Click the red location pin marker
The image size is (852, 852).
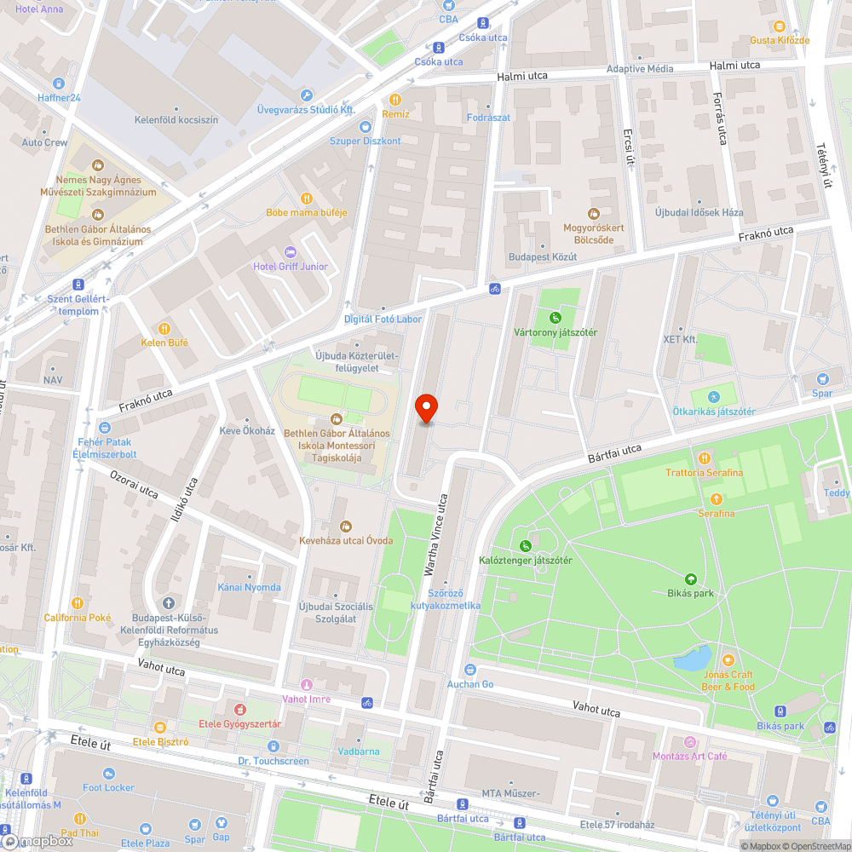(426, 410)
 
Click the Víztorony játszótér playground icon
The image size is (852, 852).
(556, 318)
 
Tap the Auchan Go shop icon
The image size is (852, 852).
(470, 671)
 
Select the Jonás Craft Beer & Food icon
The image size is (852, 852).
(728, 660)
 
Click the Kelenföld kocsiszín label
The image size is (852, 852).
(176, 120)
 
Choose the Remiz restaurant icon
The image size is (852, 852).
(395, 100)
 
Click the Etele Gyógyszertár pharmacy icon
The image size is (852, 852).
(239, 710)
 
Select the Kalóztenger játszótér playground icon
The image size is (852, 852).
(525, 545)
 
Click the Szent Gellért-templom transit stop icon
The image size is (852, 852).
(78, 285)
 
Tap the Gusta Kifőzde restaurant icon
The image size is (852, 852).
(779, 26)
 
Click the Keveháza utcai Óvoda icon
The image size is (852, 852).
(345, 526)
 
